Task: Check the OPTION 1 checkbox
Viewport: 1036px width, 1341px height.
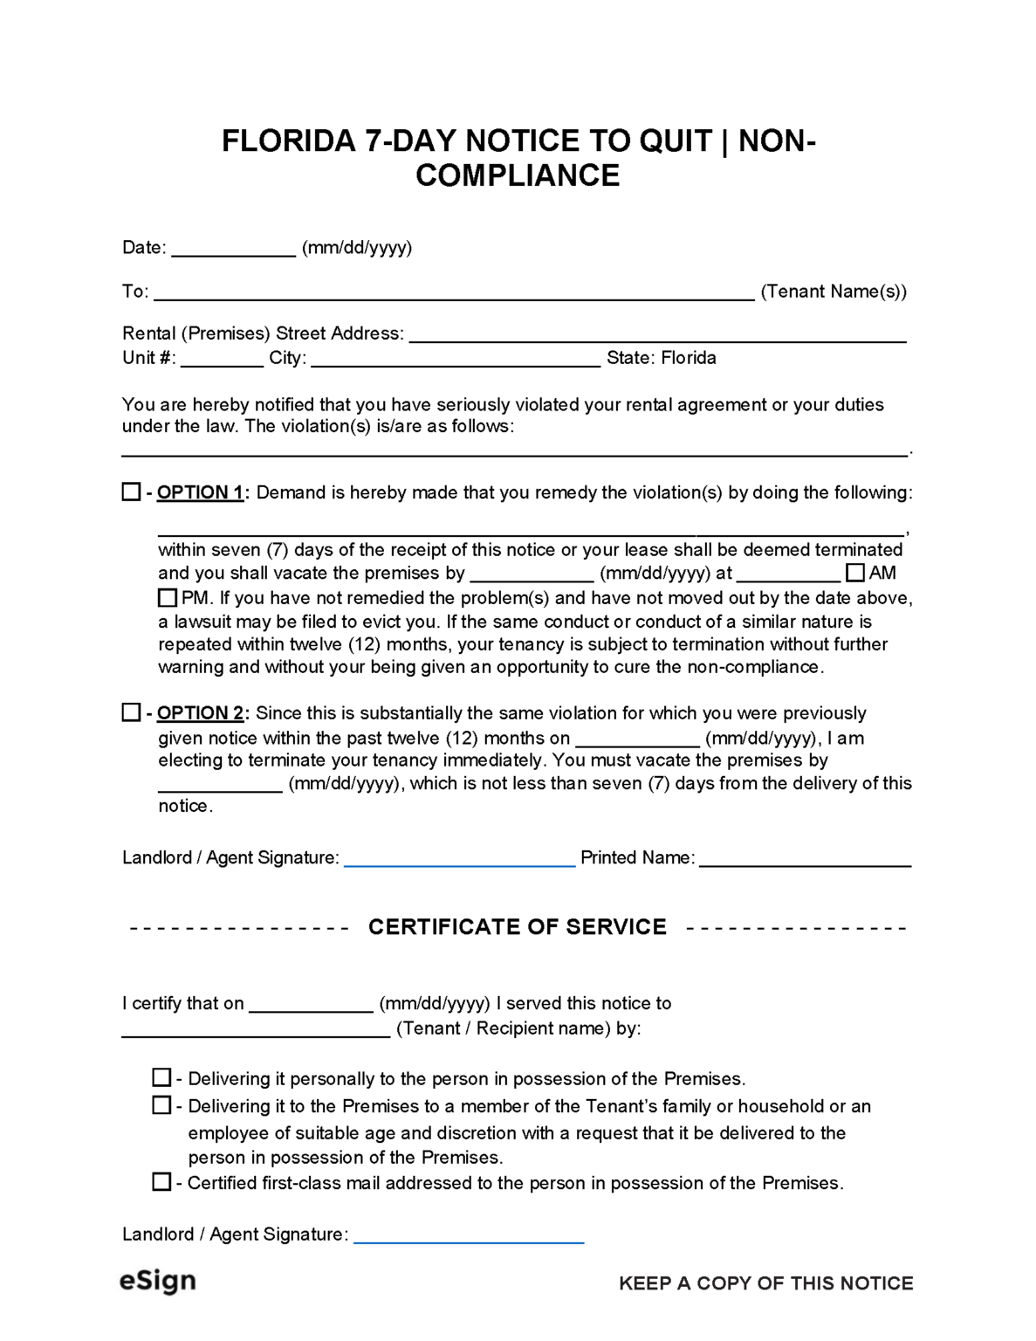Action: point(131,492)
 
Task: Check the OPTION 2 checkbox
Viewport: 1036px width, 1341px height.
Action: point(131,712)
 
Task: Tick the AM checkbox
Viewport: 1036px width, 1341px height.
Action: point(855,573)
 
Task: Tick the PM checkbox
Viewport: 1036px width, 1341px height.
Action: point(168,598)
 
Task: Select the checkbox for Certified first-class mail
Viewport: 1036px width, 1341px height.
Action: point(161,1182)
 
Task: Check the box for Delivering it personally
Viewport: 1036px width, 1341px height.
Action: point(161,1077)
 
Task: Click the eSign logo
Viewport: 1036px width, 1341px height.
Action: point(158,1281)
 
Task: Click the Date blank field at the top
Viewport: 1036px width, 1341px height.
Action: point(233,249)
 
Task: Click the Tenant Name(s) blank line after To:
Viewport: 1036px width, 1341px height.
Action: point(454,292)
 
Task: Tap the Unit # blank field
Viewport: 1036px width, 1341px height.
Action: point(222,359)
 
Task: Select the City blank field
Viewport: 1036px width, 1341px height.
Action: point(455,359)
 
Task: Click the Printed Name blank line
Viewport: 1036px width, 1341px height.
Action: point(805,859)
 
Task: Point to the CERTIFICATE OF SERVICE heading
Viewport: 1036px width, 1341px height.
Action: point(517,926)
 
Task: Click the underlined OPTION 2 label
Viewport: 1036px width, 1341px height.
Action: point(200,713)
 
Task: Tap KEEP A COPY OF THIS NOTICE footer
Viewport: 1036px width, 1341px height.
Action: point(765,1283)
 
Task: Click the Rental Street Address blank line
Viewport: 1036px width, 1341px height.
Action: point(657,334)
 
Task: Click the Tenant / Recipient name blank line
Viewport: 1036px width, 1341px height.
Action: point(255,1029)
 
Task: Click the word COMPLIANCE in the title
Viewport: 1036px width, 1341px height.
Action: point(517,175)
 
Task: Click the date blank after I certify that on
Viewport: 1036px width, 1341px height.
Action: point(311,1005)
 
